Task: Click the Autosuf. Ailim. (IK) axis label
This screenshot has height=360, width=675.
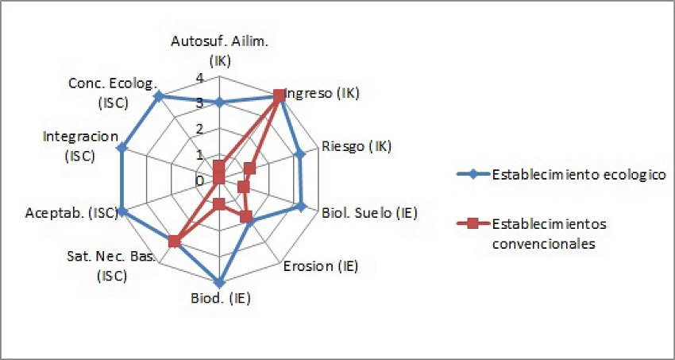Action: click(219, 51)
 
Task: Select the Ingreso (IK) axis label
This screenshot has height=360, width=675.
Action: click(324, 93)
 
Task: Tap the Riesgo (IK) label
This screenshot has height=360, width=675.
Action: click(357, 146)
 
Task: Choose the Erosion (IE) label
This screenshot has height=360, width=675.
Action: click(321, 266)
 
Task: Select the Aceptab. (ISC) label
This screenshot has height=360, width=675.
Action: click(71, 212)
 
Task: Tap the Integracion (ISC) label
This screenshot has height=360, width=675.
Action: click(81, 146)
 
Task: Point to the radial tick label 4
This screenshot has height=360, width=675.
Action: click(199, 78)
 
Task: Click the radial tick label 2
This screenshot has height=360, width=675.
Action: click(199, 130)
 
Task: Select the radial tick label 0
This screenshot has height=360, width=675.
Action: click(199, 181)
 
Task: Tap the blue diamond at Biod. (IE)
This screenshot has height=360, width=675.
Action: click(219, 283)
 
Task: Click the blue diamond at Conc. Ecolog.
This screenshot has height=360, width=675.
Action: click(159, 96)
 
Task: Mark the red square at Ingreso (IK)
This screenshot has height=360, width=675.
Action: click(279, 95)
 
